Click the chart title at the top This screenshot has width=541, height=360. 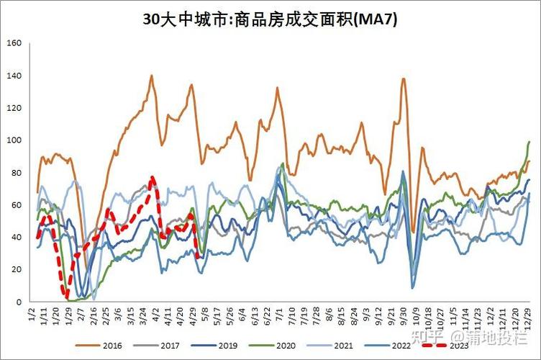tap(270, 19)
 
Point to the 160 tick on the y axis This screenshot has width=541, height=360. tap(14, 43)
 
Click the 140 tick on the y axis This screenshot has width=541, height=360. tap(14, 76)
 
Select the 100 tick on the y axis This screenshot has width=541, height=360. tap(14, 140)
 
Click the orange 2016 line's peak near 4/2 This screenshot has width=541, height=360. tap(152, 76)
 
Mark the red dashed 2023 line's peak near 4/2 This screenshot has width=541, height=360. tap(152, 178)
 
